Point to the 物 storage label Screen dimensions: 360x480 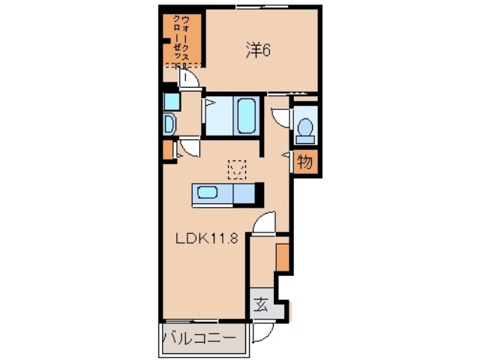coord(304,161)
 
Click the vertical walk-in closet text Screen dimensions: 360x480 coord(180,39)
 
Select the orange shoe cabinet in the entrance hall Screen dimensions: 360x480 coord(282,256)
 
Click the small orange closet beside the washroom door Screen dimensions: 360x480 coord(166,149)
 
